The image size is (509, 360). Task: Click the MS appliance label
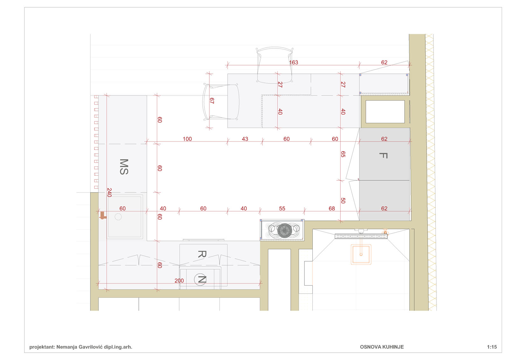click(124, 167)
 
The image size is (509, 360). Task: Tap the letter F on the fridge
click(383, 156)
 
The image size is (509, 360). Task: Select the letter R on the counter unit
click(202, 254)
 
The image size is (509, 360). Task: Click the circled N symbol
click(200, 279)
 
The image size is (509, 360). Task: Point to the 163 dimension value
click(293, 62)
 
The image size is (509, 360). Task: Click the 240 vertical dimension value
click(109, 192)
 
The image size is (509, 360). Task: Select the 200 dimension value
click(179, 281)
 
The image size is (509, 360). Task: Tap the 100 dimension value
click(187, 139)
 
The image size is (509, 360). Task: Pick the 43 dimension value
click(245, 139)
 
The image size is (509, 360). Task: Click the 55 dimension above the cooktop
click(282, 208)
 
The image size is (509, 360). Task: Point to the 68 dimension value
click(332, 208)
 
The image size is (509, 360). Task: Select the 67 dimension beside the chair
click(212, 101)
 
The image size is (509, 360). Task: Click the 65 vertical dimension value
click(343, 154)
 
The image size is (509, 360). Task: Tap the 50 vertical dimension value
click(343, 201)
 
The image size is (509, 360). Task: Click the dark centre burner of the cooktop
click(284, 230)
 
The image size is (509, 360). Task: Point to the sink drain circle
click(118, 217)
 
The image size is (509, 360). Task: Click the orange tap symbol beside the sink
click(103, 215)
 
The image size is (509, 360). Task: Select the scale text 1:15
click(492, 347)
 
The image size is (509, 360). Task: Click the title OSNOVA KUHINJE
click(382, 347)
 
